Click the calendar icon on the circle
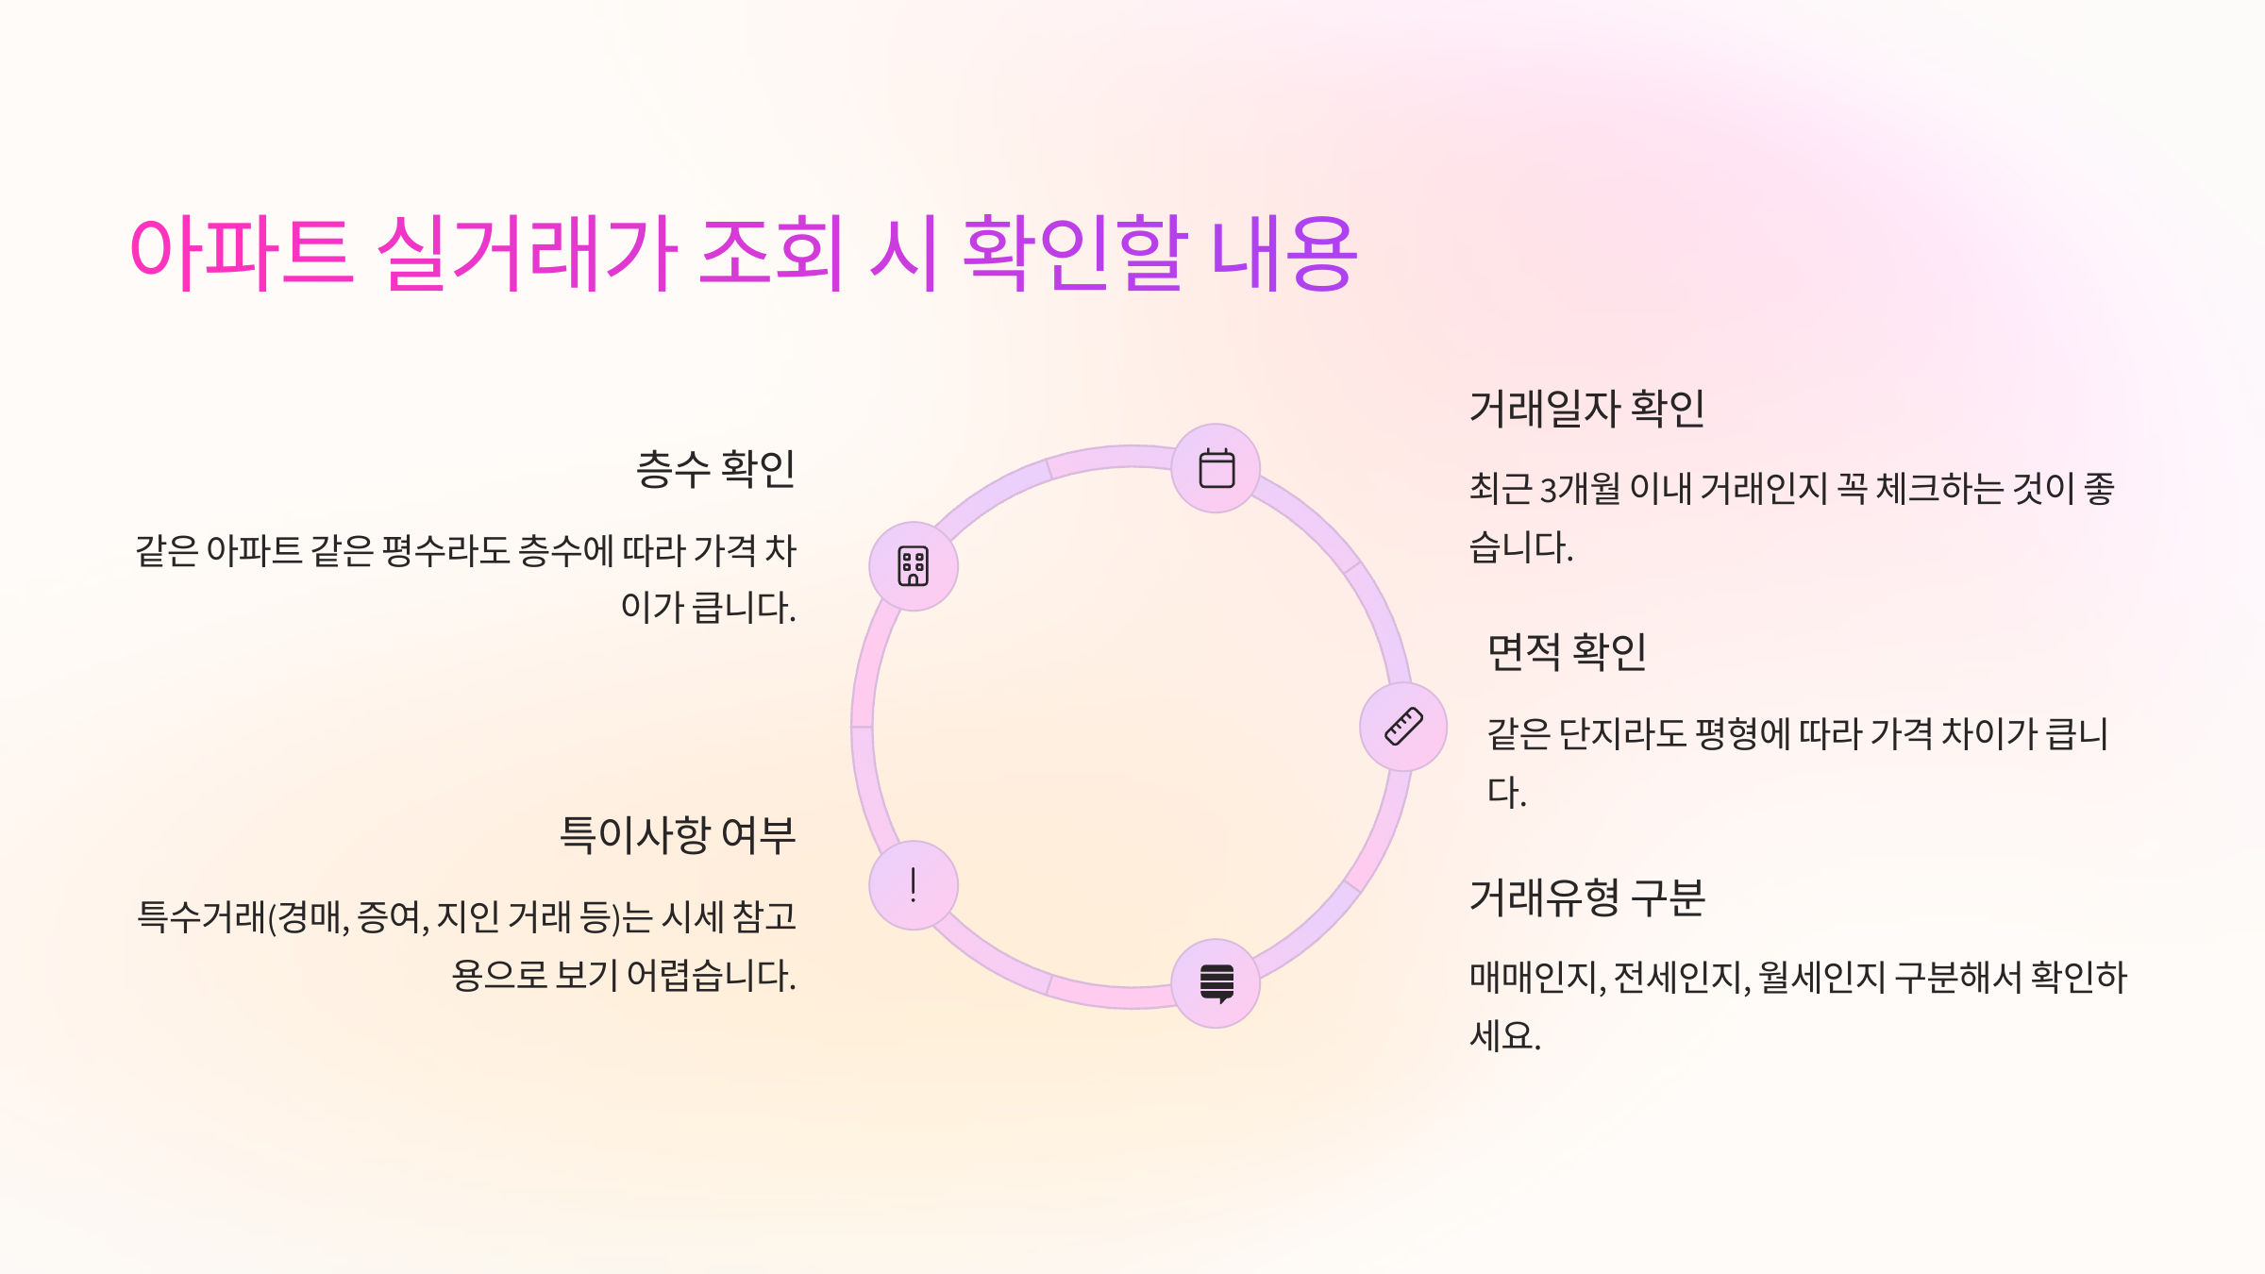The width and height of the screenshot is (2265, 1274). coord(1216,469)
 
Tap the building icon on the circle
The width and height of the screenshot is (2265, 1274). coord(914,566)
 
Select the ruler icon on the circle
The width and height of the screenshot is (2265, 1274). coord(1403,727)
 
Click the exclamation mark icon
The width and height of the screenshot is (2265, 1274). coord(914,885)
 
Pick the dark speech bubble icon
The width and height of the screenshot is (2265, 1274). coord(1216,983)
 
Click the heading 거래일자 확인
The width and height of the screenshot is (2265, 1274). coord(1587,410)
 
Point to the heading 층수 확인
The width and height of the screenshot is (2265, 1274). coord(715,469)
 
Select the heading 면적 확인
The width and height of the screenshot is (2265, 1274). coord(1567,652)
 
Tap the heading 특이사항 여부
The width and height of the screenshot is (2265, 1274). coord(678,835)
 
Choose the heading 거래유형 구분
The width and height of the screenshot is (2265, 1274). coord(1587,897)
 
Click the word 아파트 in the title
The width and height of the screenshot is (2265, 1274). coord(242,253)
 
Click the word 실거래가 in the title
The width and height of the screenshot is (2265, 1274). coord(527,253)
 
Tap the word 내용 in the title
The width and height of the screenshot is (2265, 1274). coord(1283,253)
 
